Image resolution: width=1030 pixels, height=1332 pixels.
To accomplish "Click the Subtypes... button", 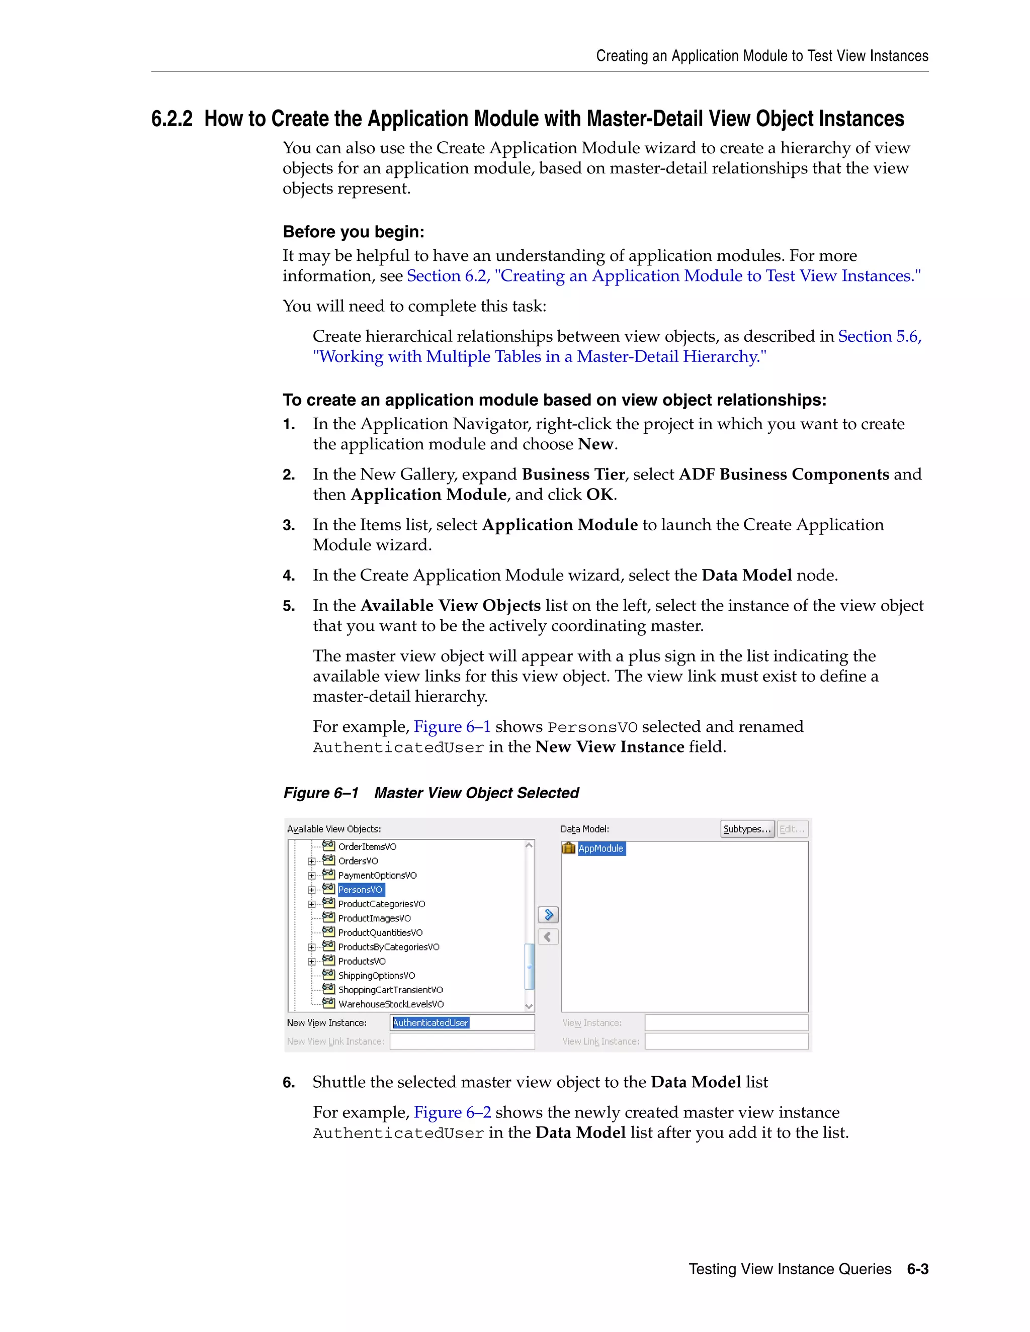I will pyautogui.click(x=747, y=829).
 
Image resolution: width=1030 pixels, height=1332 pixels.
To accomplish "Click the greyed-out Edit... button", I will pyautogui.click(x=792, y=829).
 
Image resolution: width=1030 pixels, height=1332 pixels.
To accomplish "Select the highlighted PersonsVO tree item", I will pyautogui.click(x=361, y=890).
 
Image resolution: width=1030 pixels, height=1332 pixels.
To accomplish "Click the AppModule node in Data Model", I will pyautogui.click(x=600, y=848).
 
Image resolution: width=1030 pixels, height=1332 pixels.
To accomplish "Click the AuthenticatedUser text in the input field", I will pyautogui.click(x=431, y=1023).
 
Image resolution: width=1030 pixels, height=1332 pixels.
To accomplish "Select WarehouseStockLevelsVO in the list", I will pyautogui.click(x=390, y=1004).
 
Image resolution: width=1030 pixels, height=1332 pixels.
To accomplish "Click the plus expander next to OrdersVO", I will pyautogui.click(x=312, y=861).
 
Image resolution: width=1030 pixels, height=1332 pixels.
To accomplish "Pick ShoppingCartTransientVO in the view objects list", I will pyautogui.click(x=390, y=990).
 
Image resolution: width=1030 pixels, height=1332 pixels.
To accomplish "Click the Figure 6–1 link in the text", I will pyautogui.click(x=452, y=727).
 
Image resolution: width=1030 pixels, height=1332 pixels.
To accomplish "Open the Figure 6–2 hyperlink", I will pyautogui.click(x=452, y=1112).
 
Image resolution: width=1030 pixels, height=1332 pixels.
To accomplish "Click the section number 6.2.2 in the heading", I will pyautogui.click(x=171, y=119).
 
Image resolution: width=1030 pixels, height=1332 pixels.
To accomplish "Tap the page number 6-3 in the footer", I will pyautogui.click(x=917, y=1269).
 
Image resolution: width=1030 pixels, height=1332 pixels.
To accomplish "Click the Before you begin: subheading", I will pyautogui.click(x=353, y=232).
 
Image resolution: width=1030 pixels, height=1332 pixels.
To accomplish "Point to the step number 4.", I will pyautogui.click(x=289, y=576).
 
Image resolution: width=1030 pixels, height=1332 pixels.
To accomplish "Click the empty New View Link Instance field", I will pyautogui.click(x=462, y=1041).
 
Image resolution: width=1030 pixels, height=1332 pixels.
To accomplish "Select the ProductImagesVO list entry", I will pyautogui.click(x=374, y=918).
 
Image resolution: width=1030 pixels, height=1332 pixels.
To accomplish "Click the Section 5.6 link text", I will pyautogui.click(x=879, y=337).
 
